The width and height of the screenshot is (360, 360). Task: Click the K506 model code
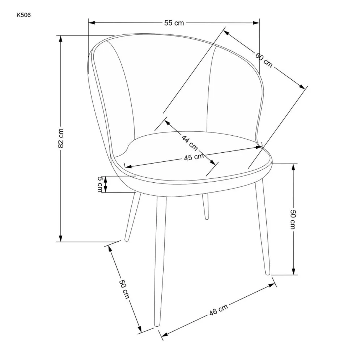point(24,15)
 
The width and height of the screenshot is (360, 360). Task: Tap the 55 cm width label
point(174,23)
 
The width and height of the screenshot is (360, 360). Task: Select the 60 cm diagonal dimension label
point(264,60)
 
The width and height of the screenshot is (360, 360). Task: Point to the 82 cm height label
point(61,138)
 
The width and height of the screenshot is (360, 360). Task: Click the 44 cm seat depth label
point(190,143)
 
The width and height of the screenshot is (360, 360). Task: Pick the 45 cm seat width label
point(194,157)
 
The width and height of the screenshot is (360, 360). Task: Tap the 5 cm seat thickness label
point(100,185)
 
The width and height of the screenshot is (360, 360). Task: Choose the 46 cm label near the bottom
point(219,310)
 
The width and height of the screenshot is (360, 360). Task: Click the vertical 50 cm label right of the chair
point(293,219)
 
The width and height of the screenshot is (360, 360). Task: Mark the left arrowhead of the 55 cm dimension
point(92,23)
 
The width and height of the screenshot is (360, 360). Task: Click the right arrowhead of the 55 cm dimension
point(256,23)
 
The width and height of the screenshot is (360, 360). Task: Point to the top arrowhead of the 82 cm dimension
point(61,39)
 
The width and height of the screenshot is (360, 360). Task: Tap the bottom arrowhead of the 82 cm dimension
point(61,238)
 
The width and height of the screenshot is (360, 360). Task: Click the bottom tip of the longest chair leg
point(157,325)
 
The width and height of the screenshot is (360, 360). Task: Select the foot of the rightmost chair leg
point(268,274)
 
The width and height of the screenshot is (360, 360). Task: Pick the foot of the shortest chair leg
point(206,218)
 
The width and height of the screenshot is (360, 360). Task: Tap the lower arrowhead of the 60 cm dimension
point(302,86)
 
